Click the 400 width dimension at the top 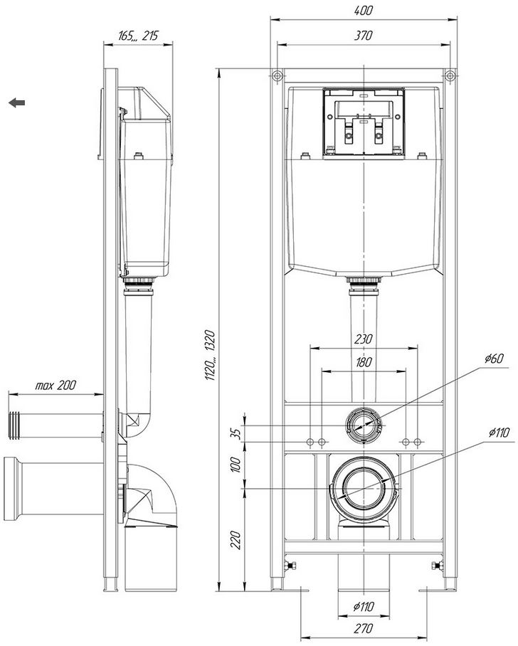coord(363,10)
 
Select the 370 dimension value coord(363,36)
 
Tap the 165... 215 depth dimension coord(138,36)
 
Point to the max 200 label coord(55,385)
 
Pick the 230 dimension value coord(363,339)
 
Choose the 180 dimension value coord(364,363)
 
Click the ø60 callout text coord(494,359)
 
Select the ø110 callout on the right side coord(499,433)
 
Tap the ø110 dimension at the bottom coord(364,606)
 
